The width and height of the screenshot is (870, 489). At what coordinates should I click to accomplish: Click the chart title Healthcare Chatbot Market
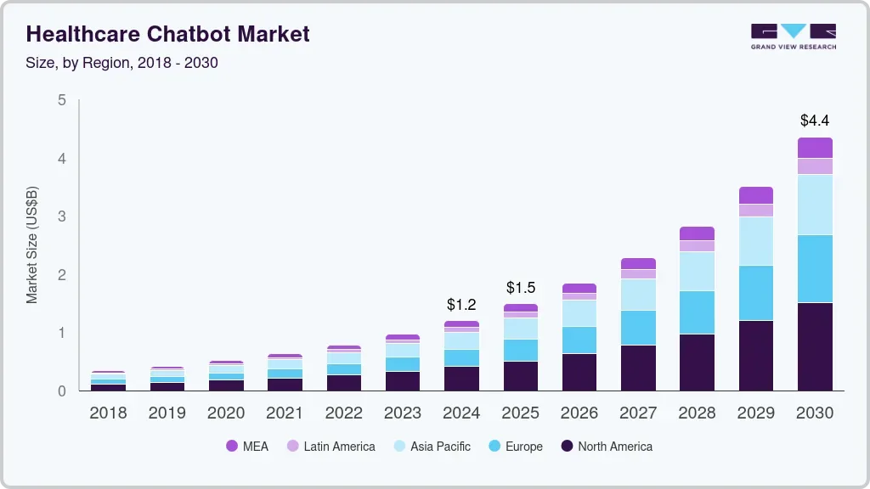pyautogui.click(x=167, y=34)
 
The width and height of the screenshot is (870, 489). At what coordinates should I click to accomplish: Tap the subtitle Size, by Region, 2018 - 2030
pyautogui.click(x=122, y=63)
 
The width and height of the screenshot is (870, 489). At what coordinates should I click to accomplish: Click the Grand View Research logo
pyautogui.click(x=794, y=37)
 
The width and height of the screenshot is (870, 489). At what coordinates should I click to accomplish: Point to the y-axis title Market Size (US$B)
pyautogui.click(x=32, y=244)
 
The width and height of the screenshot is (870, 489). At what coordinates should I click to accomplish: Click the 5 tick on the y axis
pyautogui.click(x=61, y=100)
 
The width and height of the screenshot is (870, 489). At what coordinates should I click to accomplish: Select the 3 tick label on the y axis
pyautogui.click(x=61, y=216)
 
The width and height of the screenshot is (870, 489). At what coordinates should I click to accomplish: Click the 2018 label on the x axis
pyautogui.click(x=108, y=413)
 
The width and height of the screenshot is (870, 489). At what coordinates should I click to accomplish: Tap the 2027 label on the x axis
pyautogui.click(x=638, y=413)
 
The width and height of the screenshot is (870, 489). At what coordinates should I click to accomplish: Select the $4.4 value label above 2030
pyautogui.click(x=815, y=121)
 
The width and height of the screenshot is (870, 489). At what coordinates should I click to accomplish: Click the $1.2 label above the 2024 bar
pyautogui.click(x=461, y=304)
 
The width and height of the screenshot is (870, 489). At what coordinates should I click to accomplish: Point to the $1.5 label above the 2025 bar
pyautogui.click(x=521, y=287)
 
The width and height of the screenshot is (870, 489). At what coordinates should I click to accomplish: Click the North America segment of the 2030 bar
pyautogui.click(x=815, y=346)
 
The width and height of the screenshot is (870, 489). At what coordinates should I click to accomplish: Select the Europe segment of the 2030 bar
pyautogui.click(x=815, y=268)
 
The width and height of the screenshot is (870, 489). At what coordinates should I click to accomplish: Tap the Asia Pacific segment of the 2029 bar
pyautogui.click(x=755, y=241)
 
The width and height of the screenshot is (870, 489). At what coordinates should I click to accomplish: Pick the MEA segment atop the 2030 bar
pyautogui.click(x=815, y=148)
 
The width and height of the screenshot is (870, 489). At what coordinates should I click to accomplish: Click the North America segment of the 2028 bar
pyautogui.click(x=697, y=363)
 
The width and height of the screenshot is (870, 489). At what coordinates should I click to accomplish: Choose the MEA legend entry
pyautogui.click(x=247, y=447)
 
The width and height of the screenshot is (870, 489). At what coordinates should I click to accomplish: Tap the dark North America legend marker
pyautogui.click(x=566, y=447)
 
